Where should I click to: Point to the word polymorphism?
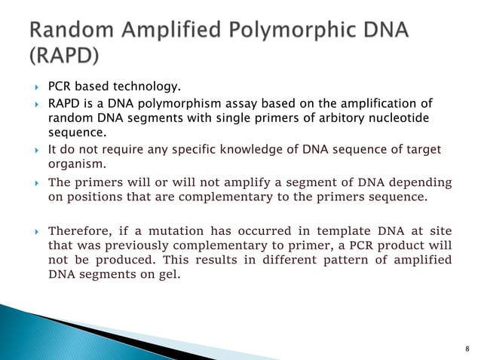188,104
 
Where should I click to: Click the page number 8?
467,349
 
